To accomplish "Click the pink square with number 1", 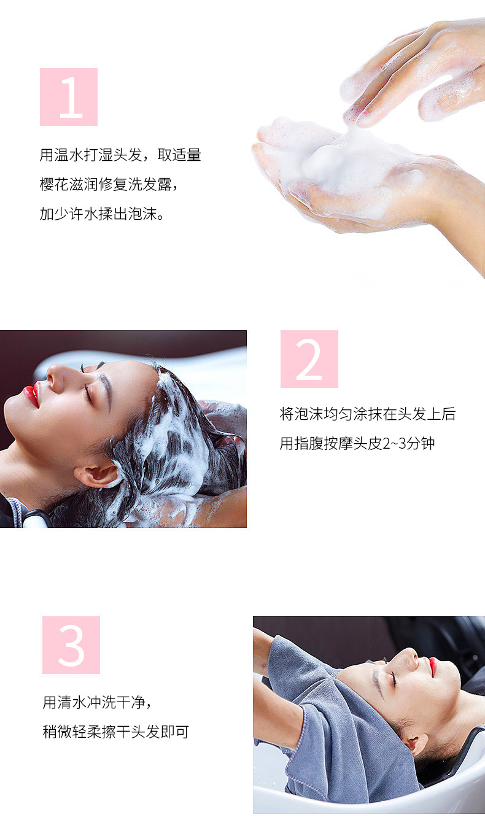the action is (x=69, y=96).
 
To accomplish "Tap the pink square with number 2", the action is (x=309, y=358).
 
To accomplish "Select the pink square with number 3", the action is (x=71, y=645).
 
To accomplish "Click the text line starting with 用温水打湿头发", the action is (x=120, y=155).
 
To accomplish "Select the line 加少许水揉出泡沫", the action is (x=102, y=214).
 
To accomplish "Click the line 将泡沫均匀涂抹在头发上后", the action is (x=368, y=414).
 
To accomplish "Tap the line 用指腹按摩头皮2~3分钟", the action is (x=357, y=443).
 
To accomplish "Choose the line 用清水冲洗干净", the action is (x=97, y=702).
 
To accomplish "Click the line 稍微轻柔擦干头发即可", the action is (x=116, y=732).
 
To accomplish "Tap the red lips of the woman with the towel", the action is (x=432, y=667).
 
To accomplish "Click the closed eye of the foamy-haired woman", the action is (x=88, y=393).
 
